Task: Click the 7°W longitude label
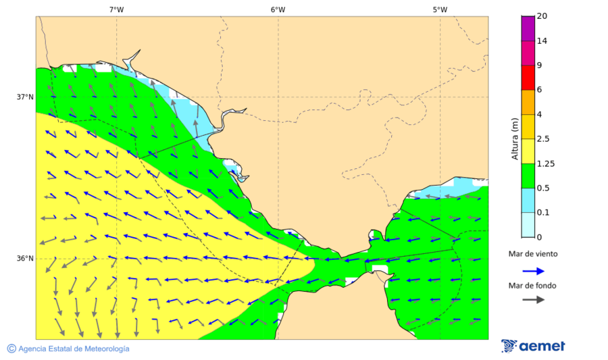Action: click(116, 9)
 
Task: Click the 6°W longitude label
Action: click(278, 9)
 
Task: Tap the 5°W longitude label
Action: click(440, 9)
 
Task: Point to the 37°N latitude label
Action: click(25, 97)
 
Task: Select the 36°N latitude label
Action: click(25, 258)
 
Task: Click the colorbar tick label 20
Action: click(541, 16)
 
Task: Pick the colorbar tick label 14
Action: click(541, 41)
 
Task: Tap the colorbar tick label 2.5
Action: click(542, 139)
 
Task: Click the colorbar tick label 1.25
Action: click(544, 163)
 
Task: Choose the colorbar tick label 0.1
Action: click(542, 213)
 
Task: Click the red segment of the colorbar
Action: click(528, 78)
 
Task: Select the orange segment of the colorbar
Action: click(528, 102)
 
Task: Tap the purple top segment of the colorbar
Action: click(528, 28)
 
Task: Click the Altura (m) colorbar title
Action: click(515, 139)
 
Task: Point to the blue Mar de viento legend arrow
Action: click(533, 271)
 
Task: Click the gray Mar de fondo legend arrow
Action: click(533, 299)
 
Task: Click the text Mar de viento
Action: click(533, 254)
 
